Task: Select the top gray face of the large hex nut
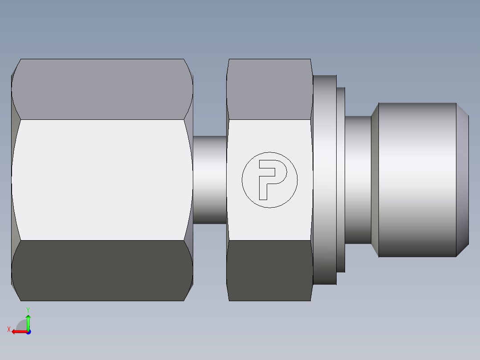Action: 102,89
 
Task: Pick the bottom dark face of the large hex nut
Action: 102,270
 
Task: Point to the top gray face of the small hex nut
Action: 269,89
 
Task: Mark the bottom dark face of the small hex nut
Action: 269,270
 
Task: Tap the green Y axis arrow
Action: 28,322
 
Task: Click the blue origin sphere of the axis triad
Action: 28,331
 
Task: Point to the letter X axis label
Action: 8,329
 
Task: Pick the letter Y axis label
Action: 28,309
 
